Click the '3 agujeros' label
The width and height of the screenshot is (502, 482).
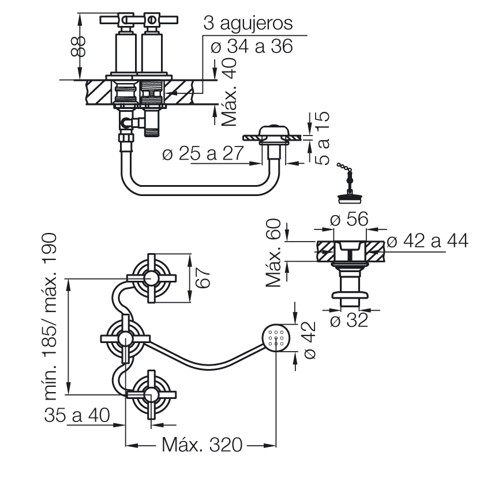point(248,23)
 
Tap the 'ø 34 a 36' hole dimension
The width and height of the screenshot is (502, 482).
point(252,46)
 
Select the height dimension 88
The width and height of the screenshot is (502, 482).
point(78,46)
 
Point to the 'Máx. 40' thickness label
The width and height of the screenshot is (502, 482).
point(229,92)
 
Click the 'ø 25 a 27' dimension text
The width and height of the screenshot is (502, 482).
point(203,153)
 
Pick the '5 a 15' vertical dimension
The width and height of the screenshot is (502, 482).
point(323,138)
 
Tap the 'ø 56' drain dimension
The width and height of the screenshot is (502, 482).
point(349,219)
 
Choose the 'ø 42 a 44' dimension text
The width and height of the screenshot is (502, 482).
point(428,240)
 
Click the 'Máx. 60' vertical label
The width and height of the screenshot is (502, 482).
point(274,253)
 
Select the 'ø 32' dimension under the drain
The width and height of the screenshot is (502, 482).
point(349,320)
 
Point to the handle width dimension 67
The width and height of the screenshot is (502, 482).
point(203,278)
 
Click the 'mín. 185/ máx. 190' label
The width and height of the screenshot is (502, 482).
point(50,317)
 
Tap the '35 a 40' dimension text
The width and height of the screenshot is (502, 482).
point(77,415)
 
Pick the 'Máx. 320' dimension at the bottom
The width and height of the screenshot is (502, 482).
point(202,445)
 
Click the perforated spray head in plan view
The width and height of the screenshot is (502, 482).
point(276,338)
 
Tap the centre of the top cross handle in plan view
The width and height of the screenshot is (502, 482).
point(151,278)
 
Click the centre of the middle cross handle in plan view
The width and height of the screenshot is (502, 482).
point(125,338)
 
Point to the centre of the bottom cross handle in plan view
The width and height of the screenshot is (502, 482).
point(151,395)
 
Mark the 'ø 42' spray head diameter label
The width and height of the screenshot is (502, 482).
point(308,340)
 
